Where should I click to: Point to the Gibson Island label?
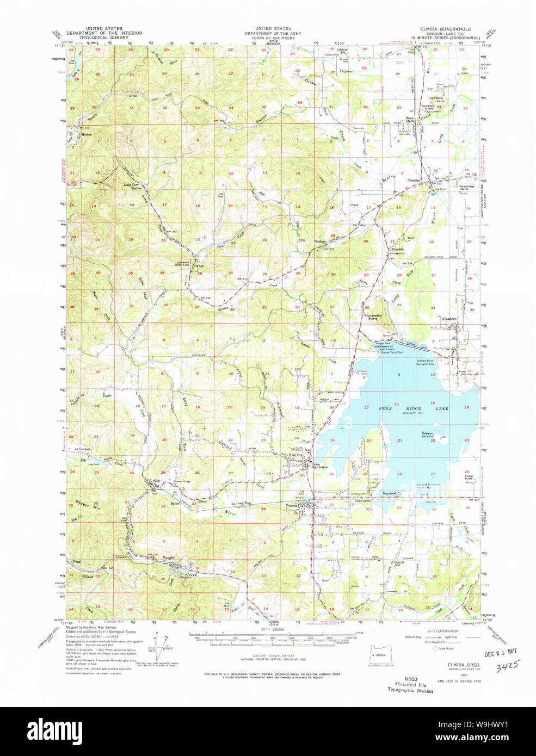click(x=428, y=435)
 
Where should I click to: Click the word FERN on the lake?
click(x=385, y=408)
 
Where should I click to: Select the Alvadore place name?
click(x=449, y=319)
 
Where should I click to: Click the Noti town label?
click(x=156, y=481)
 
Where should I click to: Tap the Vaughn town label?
click(x=169, y=557)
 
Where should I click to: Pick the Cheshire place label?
click(x=414, y=181)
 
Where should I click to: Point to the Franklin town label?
click(x=398, y=249)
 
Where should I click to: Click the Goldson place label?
click(x=320, y=241)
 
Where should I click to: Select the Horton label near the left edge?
click(x=86, y=134)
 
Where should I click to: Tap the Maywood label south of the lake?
click(x=389, y=493)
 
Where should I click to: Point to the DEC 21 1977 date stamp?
click(x=501, y=651)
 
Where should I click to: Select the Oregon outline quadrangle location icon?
click(x=380, y=656)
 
